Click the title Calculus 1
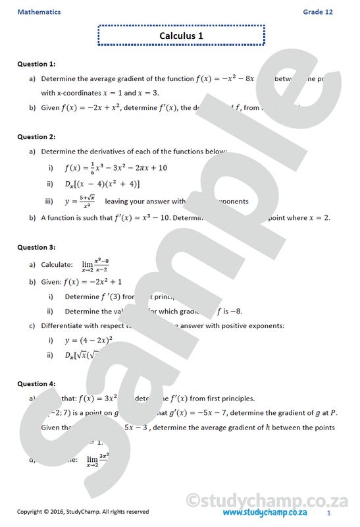181,36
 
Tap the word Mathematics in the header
39,12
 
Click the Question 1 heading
36,64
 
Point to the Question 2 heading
36,137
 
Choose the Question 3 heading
36,248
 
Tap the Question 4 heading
36,383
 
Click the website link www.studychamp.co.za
265,512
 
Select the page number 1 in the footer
328,512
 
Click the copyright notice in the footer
82,512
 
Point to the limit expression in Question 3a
95,265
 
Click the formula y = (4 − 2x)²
89,341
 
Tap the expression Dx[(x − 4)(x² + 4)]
102,184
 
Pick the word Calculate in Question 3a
57,265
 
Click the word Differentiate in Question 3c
64,325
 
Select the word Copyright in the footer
32,512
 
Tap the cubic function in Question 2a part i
116,167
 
